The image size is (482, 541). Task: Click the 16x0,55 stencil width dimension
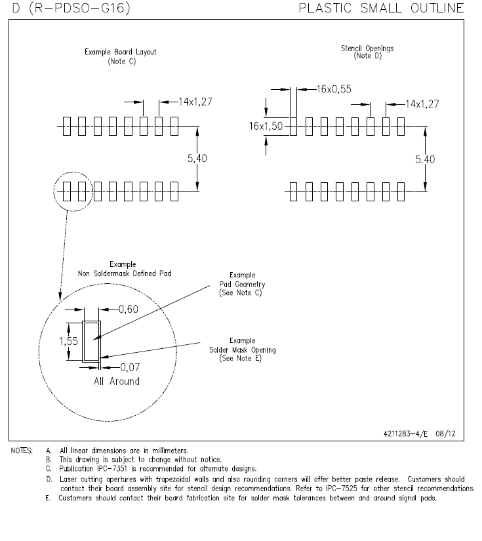tap(334, 89)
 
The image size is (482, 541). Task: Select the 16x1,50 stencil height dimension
tap(266, 127)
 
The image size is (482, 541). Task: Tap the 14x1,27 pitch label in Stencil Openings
tap(422, 104)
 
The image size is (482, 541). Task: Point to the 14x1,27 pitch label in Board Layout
tap(195, 102)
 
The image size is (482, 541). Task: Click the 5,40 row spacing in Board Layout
tap(197, 159)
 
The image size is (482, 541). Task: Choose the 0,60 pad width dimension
tap(129, 309)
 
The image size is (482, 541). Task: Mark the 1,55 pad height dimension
tap(68, 341)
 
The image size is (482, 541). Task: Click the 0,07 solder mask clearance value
tap(130, 367)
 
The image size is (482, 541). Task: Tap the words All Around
tap(117, 381)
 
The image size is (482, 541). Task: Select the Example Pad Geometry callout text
tap(242, 284)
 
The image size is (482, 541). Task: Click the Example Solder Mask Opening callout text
tap(242, 350)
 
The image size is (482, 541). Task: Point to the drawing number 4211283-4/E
tap(405, 433)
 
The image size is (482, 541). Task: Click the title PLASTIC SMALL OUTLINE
tap(381, 9)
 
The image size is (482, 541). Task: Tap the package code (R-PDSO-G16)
tap(80, 8)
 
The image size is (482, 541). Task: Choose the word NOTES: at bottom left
tap(22, 451)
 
